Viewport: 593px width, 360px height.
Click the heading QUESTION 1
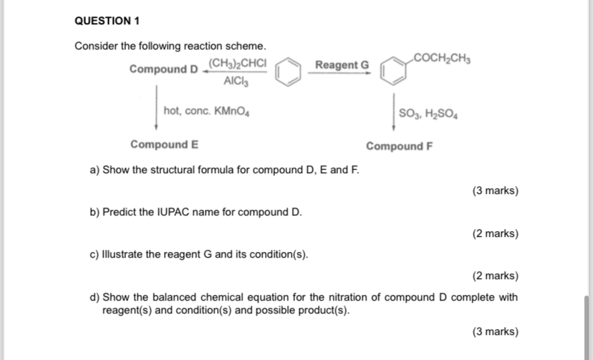click(107, 21)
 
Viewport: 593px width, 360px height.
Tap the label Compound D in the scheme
click(164, 69)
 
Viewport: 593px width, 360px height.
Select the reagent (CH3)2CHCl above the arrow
click(237, 64)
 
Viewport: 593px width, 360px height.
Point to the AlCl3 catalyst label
click(236, 81)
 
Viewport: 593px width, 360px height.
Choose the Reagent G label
click(342, 65)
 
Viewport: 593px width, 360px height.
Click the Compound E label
click(164, 145)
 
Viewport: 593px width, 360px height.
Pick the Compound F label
click(399, 146)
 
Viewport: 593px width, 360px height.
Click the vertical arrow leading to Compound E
click(157, 107)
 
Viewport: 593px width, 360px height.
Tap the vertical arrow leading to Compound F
click(392, 112)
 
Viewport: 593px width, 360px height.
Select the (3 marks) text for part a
click(496, 191)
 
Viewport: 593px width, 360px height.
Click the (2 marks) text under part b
click(496, 233)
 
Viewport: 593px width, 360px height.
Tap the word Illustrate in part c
click(124, 255)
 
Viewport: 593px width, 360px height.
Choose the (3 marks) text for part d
click(496, 331)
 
